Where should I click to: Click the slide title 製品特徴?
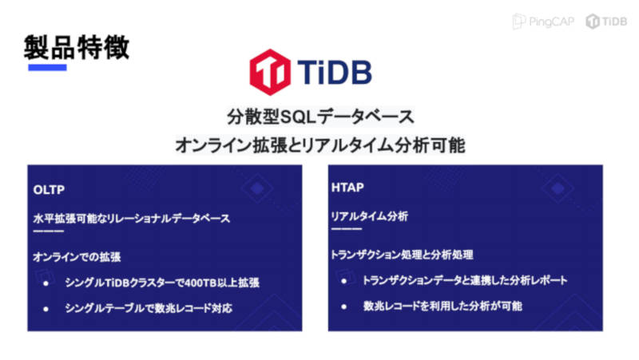click(77, 47)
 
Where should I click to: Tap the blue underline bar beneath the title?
click(47, 68)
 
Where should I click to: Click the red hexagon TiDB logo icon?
click(270, 72)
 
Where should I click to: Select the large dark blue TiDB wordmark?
click(335, 72)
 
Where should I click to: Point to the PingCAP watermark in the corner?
click(543, 22)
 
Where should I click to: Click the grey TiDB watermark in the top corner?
click(606, 22)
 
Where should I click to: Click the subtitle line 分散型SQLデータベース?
click(320, 117)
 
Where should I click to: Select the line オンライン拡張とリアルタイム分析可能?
click(320, 145)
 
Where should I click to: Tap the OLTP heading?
click(49, 190)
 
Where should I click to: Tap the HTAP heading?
click(347, 188)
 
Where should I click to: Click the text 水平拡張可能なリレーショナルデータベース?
click(132, 219)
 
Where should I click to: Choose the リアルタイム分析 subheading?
click(370, 216)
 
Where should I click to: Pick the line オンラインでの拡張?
click(77, 257)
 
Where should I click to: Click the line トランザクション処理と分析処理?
click(402, 255)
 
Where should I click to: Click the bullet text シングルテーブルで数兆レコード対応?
click(149, 308)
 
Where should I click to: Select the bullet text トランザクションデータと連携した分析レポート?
click(465, 280)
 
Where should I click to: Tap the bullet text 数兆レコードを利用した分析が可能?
click(443, 306)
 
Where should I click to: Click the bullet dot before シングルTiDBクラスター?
click(46, 283)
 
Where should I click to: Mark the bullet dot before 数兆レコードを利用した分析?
click(344, 307)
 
